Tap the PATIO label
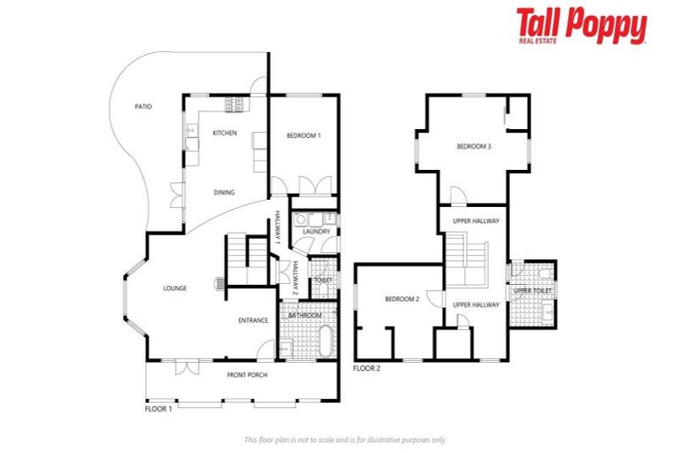pyautogui.click(x=142, y=106)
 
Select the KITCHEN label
pyautogui.click(x=224, y=133)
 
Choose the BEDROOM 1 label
pyautogui.click(x=303, y=135)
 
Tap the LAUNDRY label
pyautogui.click(x=316, y=232)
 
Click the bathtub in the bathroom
pyautogui.click(x=324, y=342)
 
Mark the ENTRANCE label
pyautogui.click(x=252, y=320)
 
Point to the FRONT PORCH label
pyautogui.click(x=247, y=375)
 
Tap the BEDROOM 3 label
pyautogui.click(x=473, y=146)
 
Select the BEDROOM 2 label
pyautogui.click(x=401, y=299)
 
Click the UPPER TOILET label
pyautogui.click(x=533, y=290)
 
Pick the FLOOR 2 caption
pyautogui.click(x=368, y=368)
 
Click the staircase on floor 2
pyautogui.click(x=466, y=259)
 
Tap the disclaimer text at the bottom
pyautogui.click(x=345, y=440)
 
